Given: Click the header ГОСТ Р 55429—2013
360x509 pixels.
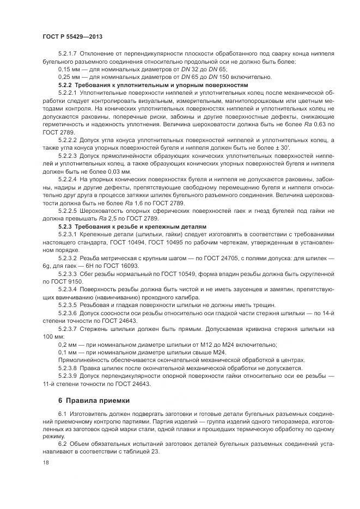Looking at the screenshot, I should [x=72, y=36].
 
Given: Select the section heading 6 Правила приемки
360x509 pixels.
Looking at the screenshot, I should [x=94, y=401].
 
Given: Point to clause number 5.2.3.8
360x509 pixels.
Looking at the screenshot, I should [x=69, y=368].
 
